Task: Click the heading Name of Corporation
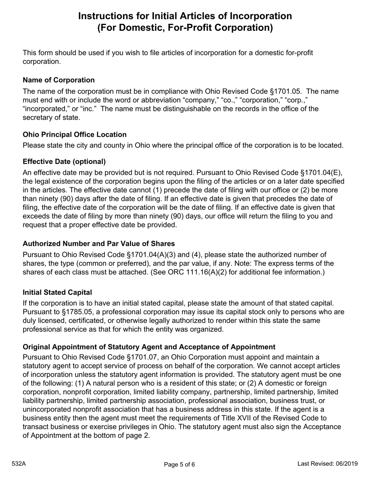point(58,80)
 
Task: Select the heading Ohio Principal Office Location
point(74,134)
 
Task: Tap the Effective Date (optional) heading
point(64,162)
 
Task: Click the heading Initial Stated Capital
point(57,292)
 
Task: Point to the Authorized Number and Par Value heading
point(99,243)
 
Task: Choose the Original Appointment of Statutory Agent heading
point(149,347)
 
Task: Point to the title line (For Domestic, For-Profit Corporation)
point(185,28)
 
